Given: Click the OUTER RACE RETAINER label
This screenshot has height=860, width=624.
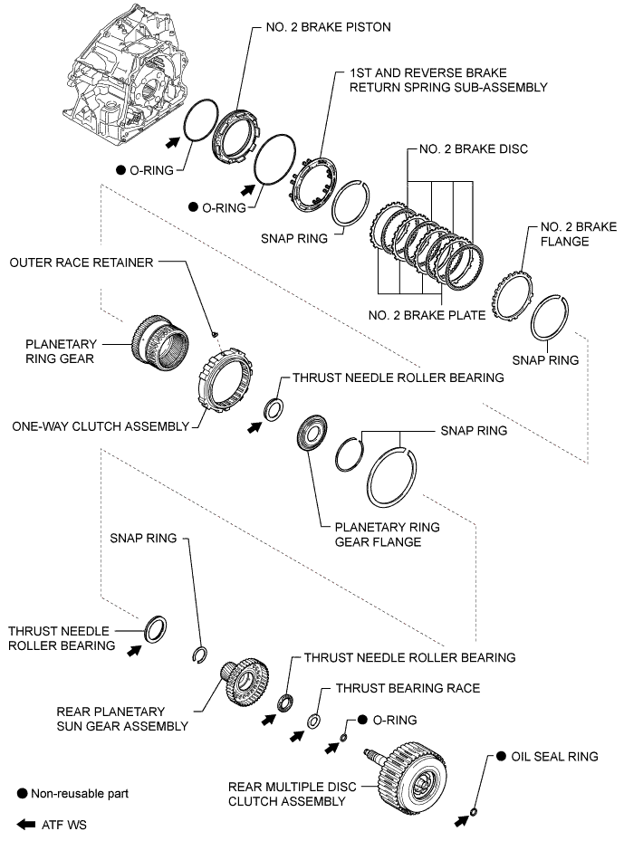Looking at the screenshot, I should (x=82, y=263).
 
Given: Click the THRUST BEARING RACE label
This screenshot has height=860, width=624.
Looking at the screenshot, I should (x=408, y=689).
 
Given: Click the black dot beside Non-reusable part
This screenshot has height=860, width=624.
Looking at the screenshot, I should (x=22, y=793).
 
